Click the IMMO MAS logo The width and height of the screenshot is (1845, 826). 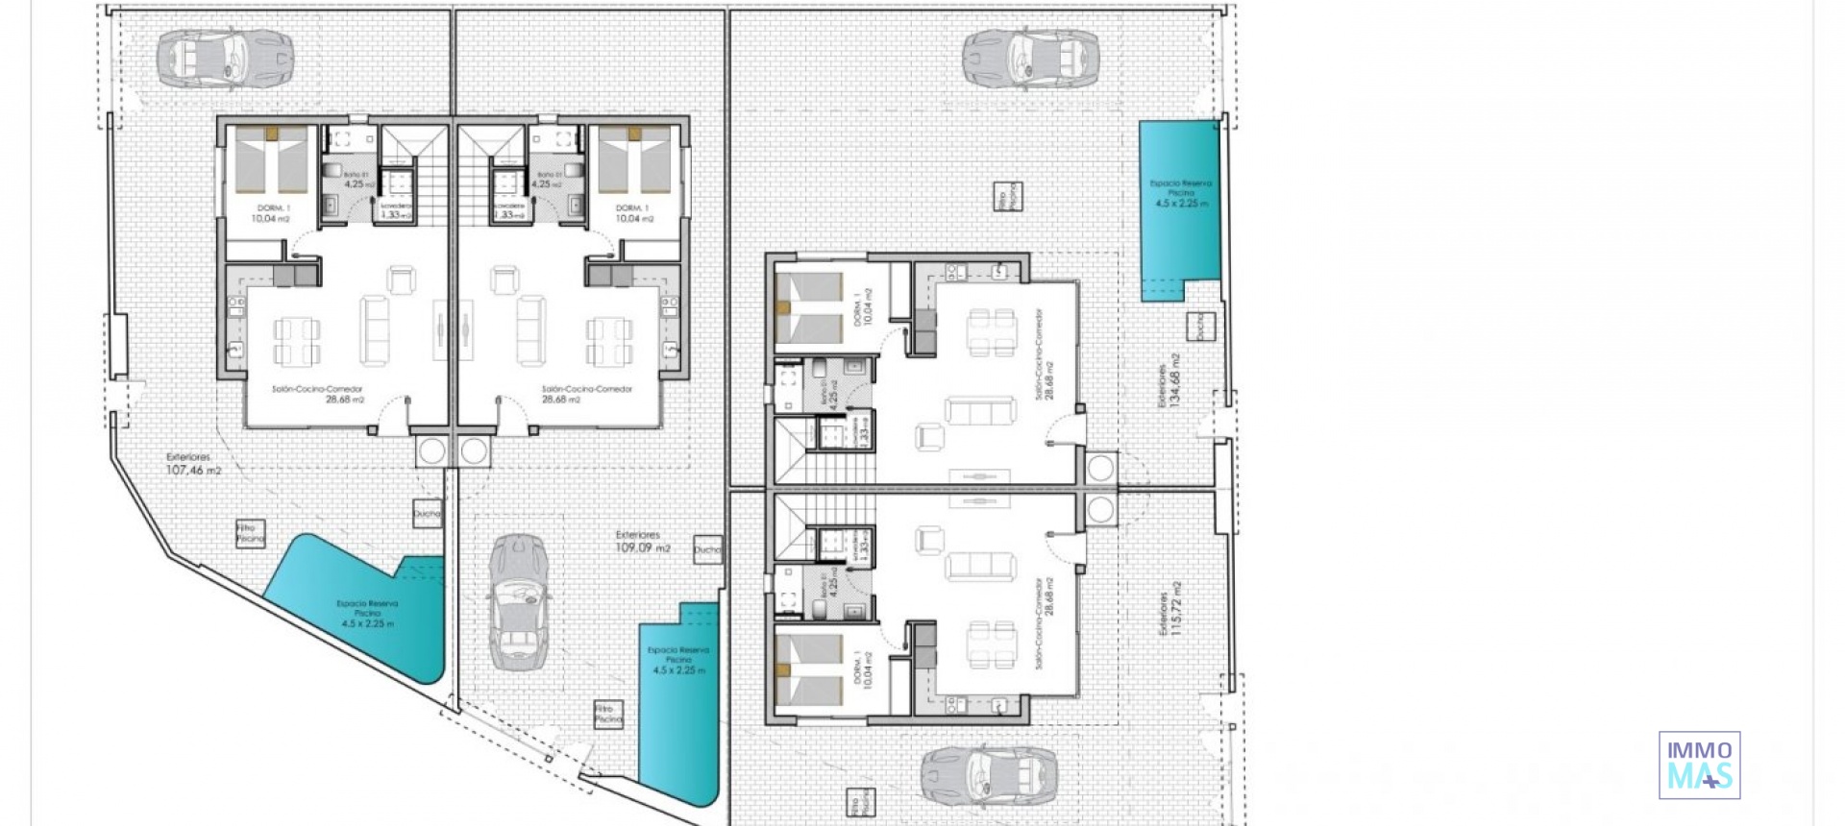tap(1699, 765)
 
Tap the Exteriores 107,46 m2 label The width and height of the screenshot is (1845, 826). tap(193, 465)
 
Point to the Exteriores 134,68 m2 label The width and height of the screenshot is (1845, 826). tap(1168, 380)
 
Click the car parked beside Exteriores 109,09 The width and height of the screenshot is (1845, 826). tap(518, 602)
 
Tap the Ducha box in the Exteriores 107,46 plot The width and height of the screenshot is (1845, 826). tap(427, 513)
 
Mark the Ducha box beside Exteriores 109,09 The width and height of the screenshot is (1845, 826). tap(707, 549)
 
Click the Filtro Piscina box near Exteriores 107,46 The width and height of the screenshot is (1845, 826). tap(250, 534)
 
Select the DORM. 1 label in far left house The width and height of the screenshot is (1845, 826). tap(272, 213)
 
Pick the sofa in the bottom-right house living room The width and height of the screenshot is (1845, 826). tap(979, 566)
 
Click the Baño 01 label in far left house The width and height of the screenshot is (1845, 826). tap(357, 179)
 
